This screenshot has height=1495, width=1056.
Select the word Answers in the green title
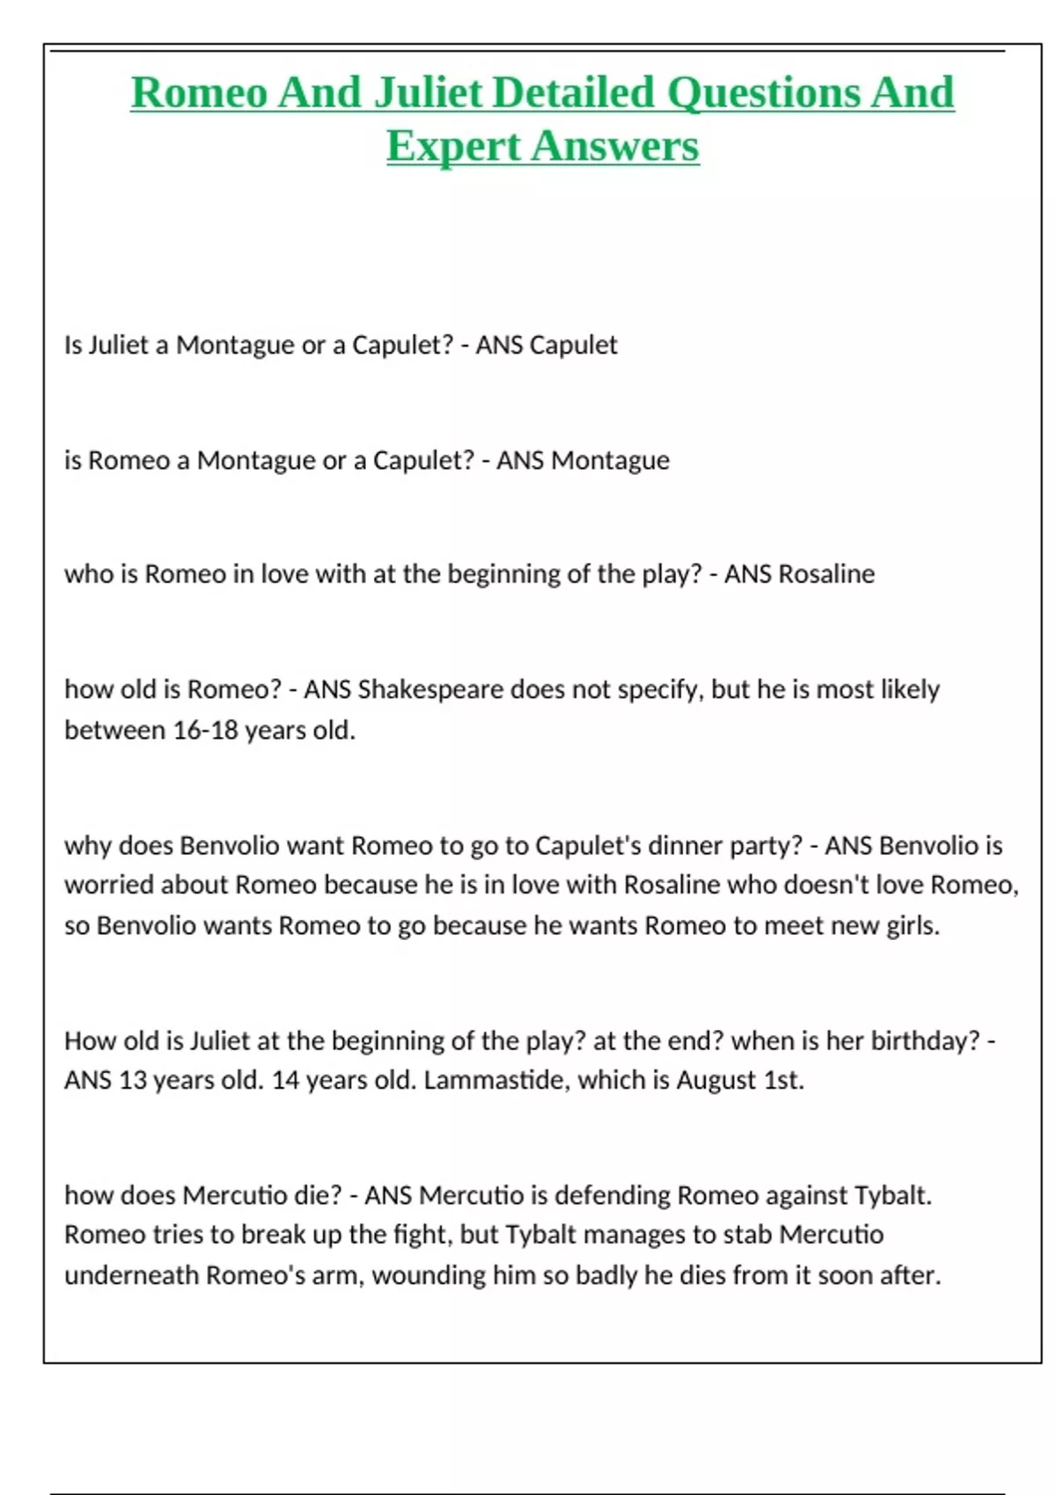point(615,145)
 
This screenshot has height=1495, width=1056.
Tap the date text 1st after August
point(782,1080)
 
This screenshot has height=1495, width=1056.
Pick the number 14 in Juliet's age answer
point(286,1080)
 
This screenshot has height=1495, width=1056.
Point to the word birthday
point(924,1041)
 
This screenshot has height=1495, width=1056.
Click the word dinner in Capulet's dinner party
point(683,846)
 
